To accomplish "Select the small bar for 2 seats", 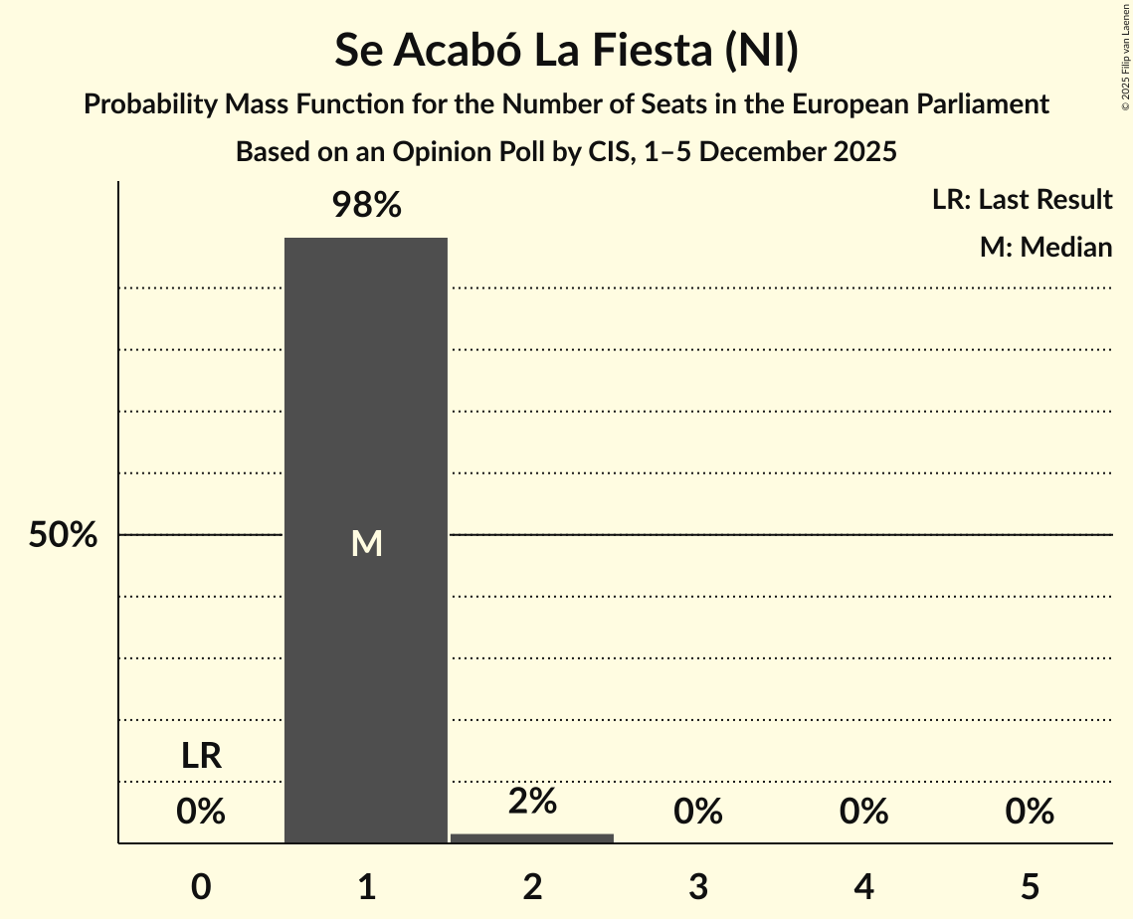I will [532, 838].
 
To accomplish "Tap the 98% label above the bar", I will [366, 206].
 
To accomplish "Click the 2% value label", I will [532, 802].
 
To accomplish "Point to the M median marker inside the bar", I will [366, 543].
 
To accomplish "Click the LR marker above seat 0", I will [201, 756].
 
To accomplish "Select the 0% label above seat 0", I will [201, 812].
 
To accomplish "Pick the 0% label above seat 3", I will [697, 812].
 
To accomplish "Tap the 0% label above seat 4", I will [863, 812].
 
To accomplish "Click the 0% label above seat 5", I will [1029, 812].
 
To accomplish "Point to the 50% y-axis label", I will [63, 535].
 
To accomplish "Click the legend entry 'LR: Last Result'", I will [1022, 200].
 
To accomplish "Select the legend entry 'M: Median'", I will [1045, 247].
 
